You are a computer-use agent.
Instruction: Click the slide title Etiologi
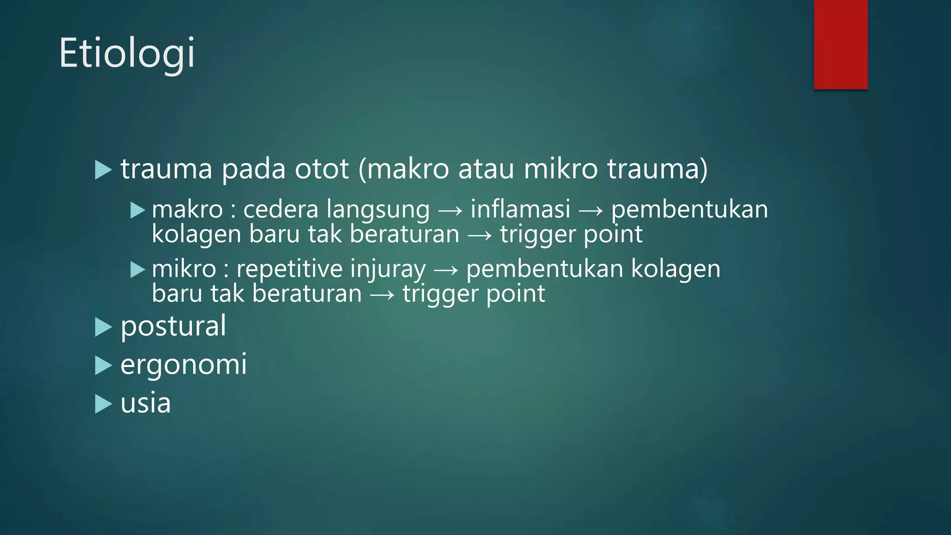coord(127,53)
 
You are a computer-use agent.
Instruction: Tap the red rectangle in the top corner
coord(840,44)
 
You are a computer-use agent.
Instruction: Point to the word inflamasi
coord(520,209)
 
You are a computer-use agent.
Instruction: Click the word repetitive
coord(290,269)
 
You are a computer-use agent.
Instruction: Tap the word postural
coord(173,326)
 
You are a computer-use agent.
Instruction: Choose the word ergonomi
coord(183,365)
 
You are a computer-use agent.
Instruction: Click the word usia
coord(145,403)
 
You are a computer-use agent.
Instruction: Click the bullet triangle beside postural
coord(103,327)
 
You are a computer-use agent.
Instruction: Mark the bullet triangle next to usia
coord(103,404)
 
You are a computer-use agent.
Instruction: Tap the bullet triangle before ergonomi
coord(103,365)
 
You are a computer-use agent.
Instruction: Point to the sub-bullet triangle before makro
coord(138,210)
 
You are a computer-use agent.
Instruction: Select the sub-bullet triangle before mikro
coord(138,270)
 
